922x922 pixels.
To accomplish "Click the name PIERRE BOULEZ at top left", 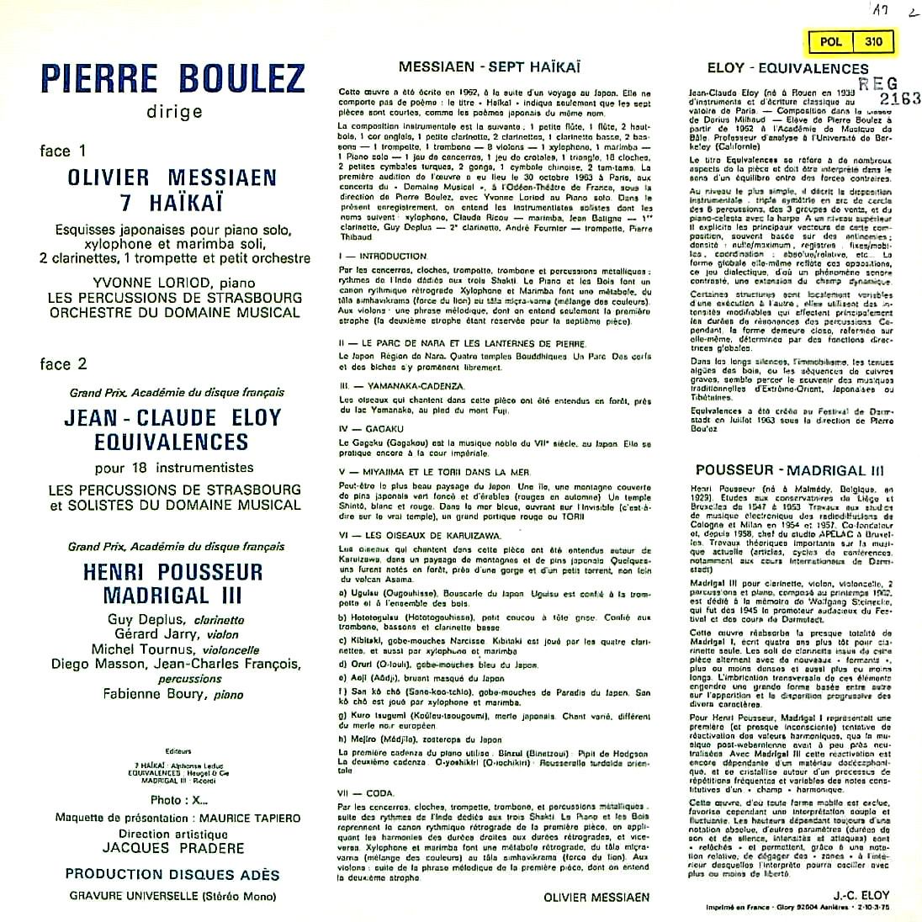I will coord(172,79).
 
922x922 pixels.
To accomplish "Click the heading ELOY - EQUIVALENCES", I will coord(776,69).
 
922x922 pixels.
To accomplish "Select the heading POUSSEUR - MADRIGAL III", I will coord(776,471).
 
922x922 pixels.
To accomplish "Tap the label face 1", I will coord(63,151).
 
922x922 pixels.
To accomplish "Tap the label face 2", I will coord(63,364).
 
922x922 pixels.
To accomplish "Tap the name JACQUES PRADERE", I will coord(172,848).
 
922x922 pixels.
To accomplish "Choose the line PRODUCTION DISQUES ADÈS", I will coord(172,874).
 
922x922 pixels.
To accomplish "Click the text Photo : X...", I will coord(178,800).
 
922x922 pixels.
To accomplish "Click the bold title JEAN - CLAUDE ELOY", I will coord(172,418).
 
